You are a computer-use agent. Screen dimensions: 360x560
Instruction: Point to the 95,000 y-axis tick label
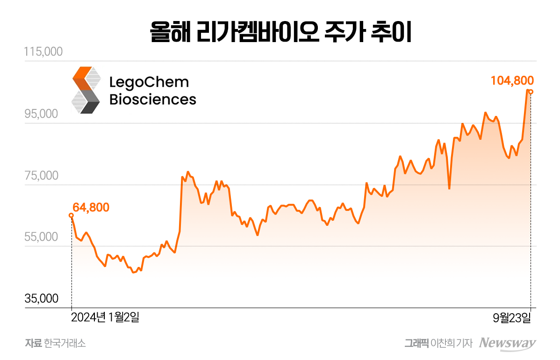[43, 114]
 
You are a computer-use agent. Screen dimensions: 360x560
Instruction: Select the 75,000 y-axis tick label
[43, 176]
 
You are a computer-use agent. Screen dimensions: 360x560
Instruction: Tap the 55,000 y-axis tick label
[43, 237]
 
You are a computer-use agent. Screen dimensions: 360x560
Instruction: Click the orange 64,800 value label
[91, 207]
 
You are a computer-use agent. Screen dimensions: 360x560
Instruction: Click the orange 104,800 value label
[512, 80]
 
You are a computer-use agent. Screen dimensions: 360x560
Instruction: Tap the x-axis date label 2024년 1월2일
[105, 318]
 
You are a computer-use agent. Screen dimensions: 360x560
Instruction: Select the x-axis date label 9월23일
[512, 318]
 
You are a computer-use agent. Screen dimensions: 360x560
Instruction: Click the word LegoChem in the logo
[149, 82]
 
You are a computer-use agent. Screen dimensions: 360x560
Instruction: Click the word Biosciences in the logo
[152, 99]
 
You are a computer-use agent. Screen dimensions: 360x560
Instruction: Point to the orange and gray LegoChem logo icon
[86, 90]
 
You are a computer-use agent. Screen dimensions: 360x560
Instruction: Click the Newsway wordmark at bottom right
[509, 343]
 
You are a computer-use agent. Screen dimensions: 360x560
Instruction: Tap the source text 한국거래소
[65, 344]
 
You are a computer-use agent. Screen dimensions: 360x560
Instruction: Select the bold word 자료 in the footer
[34, 344]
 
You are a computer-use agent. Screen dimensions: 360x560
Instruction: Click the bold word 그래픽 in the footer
[416, 344]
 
